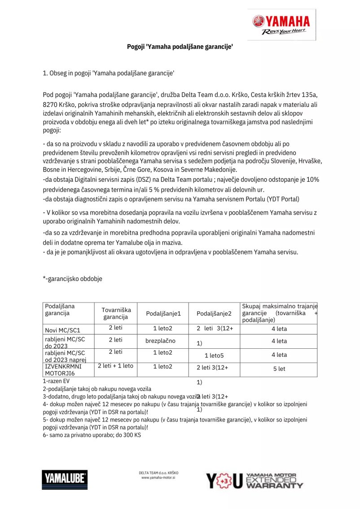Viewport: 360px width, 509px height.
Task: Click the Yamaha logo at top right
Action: (281, 24)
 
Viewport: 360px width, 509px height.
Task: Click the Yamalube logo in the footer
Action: (65, 479)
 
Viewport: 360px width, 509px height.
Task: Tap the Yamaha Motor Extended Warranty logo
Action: (255, 480)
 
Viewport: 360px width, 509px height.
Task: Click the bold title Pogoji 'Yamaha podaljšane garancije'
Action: (180, 46)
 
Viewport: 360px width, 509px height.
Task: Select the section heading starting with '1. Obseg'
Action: (108, 73)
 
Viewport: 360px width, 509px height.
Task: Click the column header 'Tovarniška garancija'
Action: (116, 313)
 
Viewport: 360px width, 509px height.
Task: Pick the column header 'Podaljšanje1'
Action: (162, 313)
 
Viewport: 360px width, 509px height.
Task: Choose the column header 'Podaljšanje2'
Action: (214, 313)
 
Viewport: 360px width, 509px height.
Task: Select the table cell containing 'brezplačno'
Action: (160, 341)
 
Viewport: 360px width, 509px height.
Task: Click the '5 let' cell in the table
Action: (279, 369)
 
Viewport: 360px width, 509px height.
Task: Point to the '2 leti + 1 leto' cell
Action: (115, 366)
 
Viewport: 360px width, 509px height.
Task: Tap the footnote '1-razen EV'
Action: (56, 381)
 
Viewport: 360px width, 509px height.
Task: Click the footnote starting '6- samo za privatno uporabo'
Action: (92, 435)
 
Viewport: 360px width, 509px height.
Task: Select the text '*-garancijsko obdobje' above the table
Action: (72, 279)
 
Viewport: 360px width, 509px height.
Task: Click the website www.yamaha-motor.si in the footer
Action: (158, 478)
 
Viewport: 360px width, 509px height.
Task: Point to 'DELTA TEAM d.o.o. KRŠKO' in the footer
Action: (158, 473)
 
